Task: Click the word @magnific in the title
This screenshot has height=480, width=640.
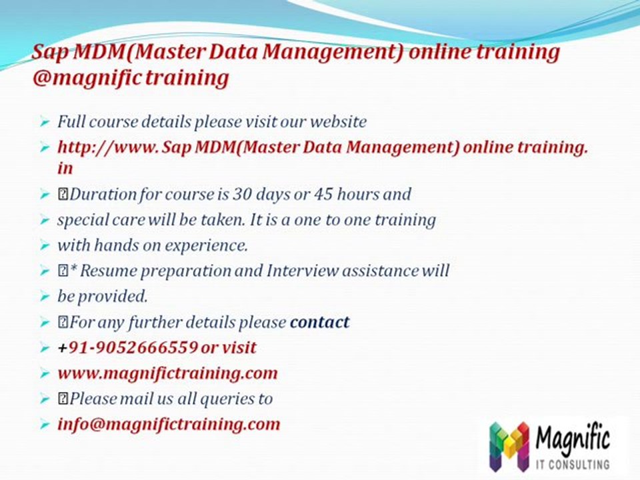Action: pyautogui.click(x=87, y=78)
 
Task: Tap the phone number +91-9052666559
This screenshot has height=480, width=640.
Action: pyautogui.click(x=127, y=347)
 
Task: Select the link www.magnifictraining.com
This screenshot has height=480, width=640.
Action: pyautogui.click(x=167, y=373)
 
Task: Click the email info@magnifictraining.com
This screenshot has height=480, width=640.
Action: pyautogui.click(x=169, y=423)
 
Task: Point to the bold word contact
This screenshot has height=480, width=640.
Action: pyautogui.click(x=319, y=322)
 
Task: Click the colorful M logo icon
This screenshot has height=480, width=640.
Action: pyautogui.click(x=509, y=445)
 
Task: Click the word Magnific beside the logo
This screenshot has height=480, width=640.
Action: pyautogui.click(x=572, y=439)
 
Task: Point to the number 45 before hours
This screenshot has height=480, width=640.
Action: pyautogui.click(x=307, y=195)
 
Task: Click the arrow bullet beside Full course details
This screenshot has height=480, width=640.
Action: pyautogui.click(x=44, y=123)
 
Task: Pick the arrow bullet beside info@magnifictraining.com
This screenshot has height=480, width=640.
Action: pyautogui.click(x=44, y=424)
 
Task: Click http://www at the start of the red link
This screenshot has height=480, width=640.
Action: pyautogui.click(x=107, y=148)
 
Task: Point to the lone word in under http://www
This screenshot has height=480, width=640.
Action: pyautogui.click(x=65, y=169)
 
